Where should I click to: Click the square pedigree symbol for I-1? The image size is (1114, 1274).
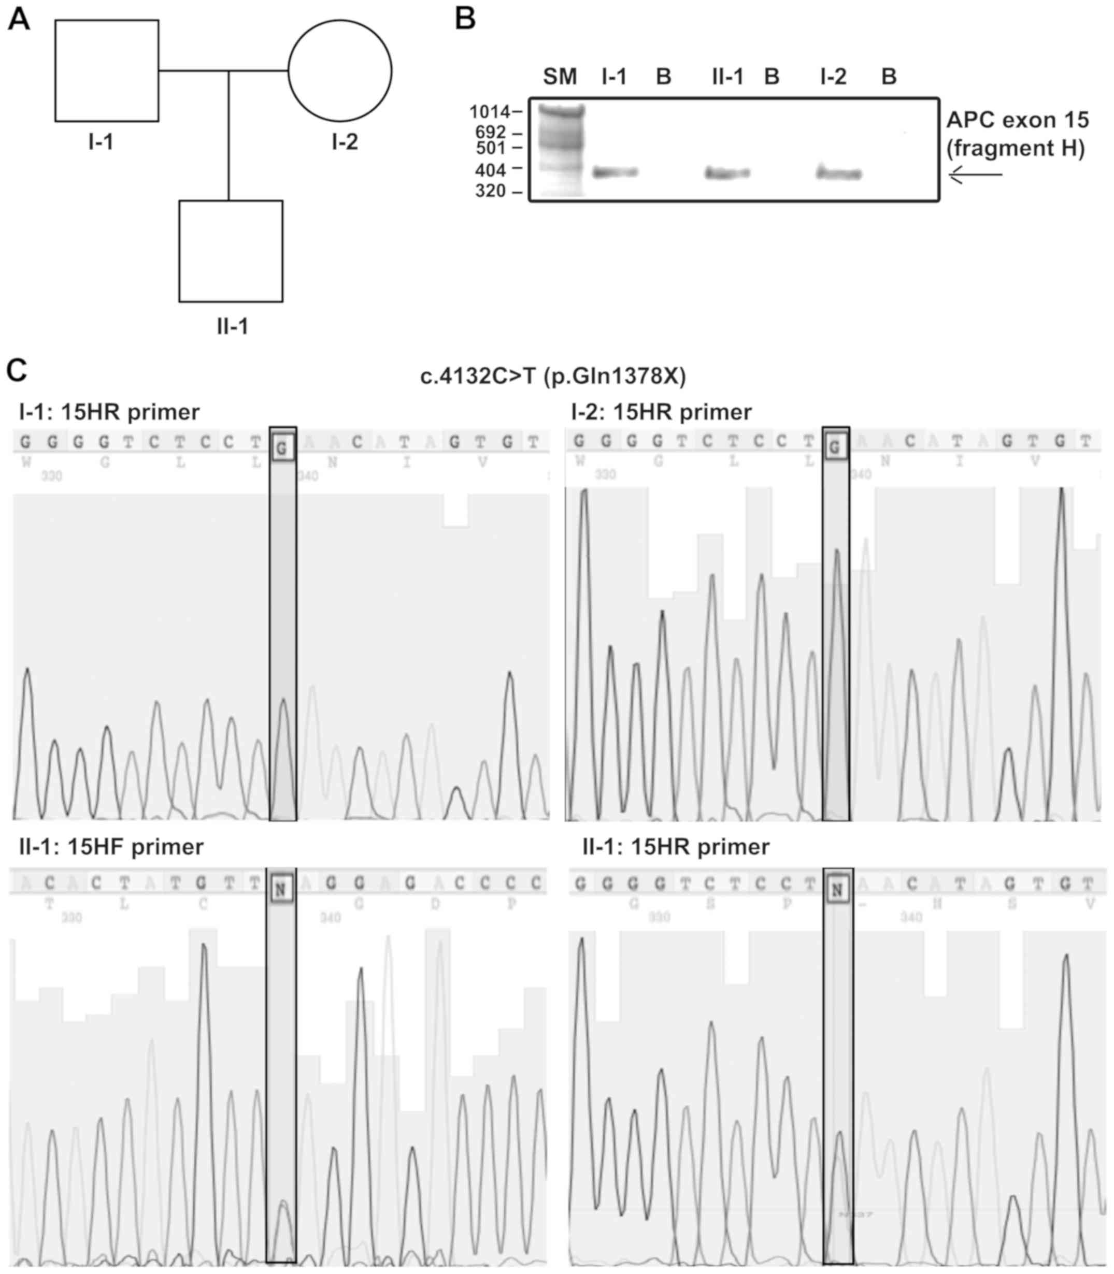[x=106, y=70]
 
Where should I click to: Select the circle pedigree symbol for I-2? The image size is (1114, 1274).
[x=339, y=70]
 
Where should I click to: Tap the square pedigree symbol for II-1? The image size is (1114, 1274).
[x=231, y=251]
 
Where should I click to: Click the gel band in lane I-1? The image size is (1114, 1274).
[x=615, y=173]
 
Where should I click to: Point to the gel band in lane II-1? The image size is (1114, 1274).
[x=727, y=173]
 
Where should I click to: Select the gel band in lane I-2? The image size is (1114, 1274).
[x=838, y=174]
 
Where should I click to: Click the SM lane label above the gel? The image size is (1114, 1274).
[x=560, y=77]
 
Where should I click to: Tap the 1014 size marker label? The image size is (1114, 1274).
[x=489, y=112]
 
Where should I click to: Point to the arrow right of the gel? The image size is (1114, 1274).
[x=976, y=175]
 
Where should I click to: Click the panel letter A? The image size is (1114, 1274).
[x=19, y=20]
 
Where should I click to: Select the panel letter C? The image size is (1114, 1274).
[x=17, y=370]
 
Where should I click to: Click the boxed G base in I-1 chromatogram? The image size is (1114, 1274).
[x=282, y=448]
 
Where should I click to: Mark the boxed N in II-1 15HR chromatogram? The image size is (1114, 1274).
[x=837, y=890]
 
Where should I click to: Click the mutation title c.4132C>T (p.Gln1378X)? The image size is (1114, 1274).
[x=553, y=377]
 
